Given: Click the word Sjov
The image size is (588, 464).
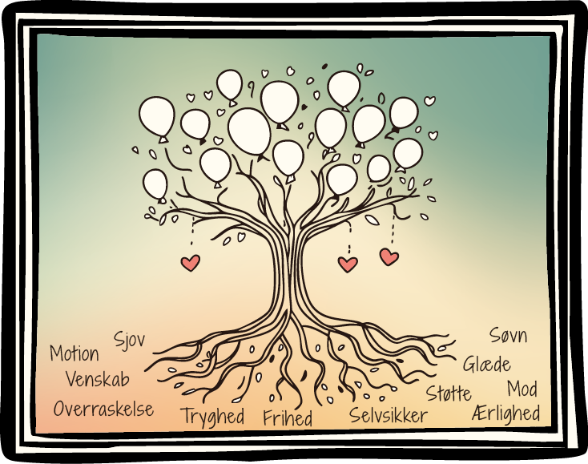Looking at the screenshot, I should [130, 339].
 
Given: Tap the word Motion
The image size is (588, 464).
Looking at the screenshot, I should [75, 353].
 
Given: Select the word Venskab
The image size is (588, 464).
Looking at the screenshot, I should [97, 378].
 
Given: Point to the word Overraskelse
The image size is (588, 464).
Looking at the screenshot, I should [103, 409].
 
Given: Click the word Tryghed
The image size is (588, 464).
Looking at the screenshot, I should [212, 416].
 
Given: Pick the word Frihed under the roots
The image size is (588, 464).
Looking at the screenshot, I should [288, 418].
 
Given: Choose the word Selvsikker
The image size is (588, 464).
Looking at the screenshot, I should [389, 415].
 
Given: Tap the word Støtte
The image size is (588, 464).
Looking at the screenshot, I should [449, 393].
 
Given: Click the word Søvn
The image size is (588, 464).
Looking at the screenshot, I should [509, 335].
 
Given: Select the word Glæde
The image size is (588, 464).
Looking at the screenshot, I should [487, 364].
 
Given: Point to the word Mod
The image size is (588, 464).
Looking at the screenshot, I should [522, 389].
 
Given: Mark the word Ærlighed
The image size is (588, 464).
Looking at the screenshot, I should [506, 414].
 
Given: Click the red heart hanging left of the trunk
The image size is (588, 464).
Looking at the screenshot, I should [190, 262].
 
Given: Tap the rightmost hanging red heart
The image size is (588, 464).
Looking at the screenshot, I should [389, 256].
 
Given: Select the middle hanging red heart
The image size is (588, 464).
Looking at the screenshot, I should [348, 264].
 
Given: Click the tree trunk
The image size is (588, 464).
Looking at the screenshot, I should [286, 264].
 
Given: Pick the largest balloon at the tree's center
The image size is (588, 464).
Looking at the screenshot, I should [249, 131].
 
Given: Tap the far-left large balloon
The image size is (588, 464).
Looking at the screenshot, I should [157, 117].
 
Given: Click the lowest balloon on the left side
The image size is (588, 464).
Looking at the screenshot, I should [155, 184].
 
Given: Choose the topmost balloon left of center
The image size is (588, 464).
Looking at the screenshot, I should [230, 84].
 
